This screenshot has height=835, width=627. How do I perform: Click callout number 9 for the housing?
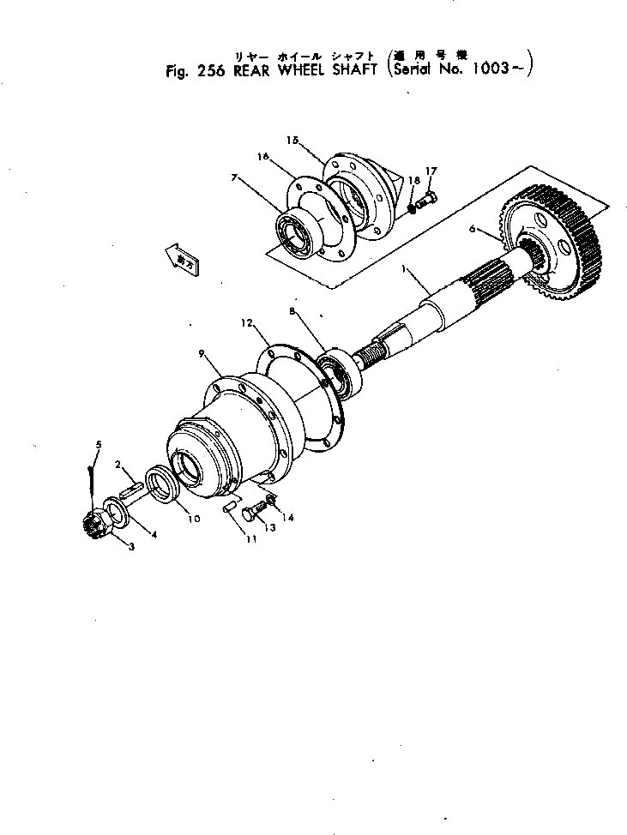(x=201, y=353)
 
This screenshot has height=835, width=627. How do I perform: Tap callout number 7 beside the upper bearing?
(x=233, y=178)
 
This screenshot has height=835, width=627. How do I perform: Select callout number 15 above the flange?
(x=292, y=139)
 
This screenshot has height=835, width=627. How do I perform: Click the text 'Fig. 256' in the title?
(x=195, y=72)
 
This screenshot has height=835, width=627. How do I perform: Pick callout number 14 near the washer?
(x=286, y=518)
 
